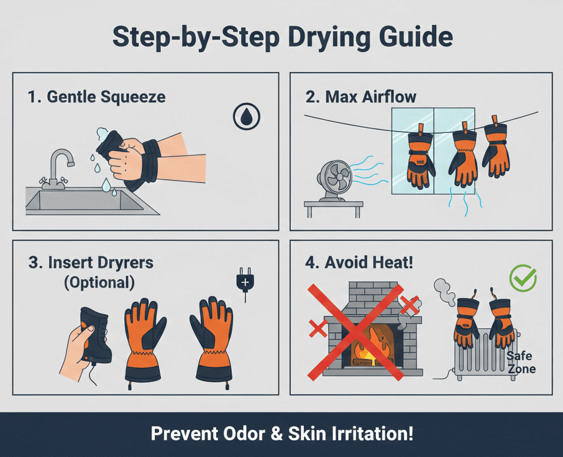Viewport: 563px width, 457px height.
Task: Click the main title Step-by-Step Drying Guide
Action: click(281, 37)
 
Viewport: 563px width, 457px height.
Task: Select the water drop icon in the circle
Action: click(246, 116)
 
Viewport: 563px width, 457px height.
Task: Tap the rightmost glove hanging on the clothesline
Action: click(496, 152)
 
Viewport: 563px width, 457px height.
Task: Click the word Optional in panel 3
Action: click(99, 283)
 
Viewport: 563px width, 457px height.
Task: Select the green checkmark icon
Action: click(522, 278)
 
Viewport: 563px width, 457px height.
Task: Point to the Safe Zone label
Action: click(520, 363)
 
